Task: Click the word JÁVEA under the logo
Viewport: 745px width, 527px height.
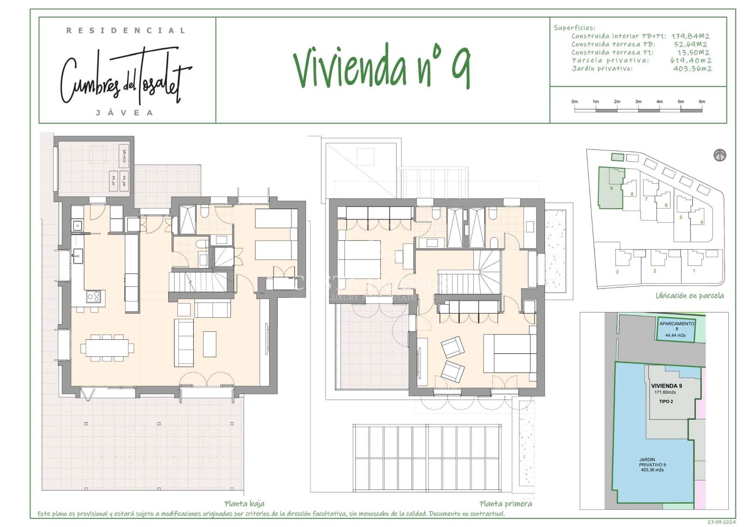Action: coord(124,113)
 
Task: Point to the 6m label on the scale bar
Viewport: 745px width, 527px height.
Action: coord(702,102)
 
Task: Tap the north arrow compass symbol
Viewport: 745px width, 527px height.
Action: coord(720,155)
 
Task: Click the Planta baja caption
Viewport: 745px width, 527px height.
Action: coord(244,504)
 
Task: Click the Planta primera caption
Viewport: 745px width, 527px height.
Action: coord(505,504)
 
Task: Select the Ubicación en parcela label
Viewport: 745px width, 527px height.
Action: coord(690,295)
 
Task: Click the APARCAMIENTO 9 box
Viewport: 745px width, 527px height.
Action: coord(676,329)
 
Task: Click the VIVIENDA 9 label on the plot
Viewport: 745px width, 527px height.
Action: coord(666,386)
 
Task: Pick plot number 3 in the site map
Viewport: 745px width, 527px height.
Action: coord(617,272)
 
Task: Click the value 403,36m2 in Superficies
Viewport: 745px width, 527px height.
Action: coord(692,68)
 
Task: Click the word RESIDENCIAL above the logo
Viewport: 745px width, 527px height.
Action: coord(126,31)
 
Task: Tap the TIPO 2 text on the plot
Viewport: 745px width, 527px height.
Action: coord(666,401)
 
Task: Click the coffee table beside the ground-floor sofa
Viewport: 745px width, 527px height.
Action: coord(210,344)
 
